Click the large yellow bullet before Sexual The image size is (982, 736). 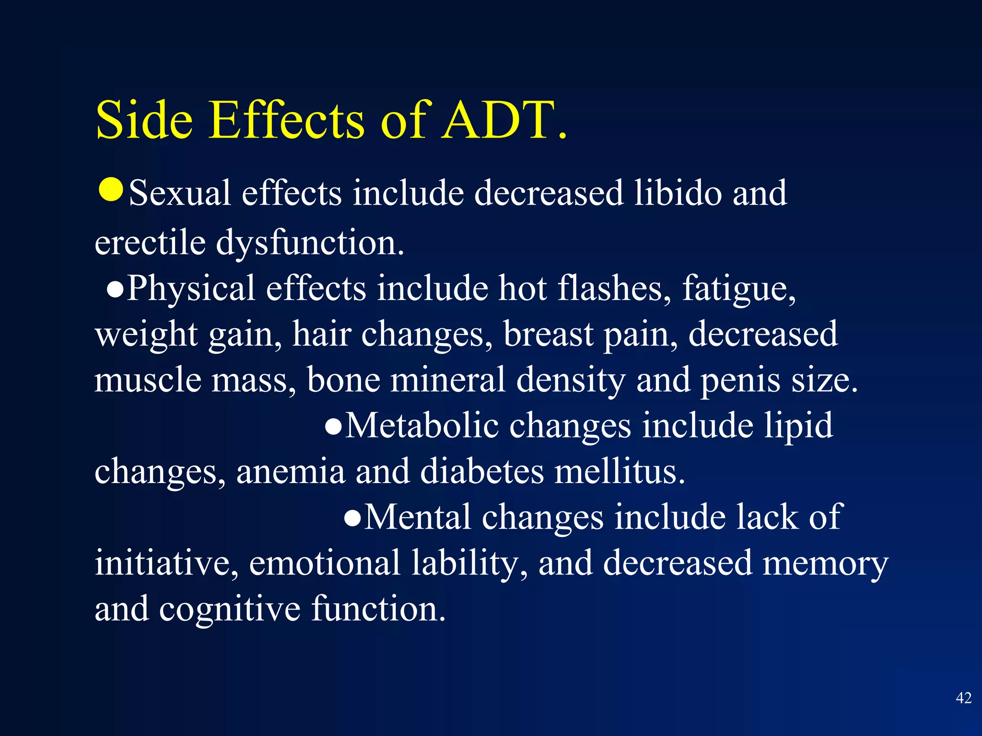coord(111,190)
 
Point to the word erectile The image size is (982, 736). coord(150,242)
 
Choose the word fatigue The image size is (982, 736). coord(738,289)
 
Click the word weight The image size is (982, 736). coord(146,334)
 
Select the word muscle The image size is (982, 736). coord(148,379)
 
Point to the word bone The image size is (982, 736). coord(343,379)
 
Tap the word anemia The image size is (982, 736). coord(291,471)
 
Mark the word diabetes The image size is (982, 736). coord(481,471)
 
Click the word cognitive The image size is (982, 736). coord(230,609)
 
